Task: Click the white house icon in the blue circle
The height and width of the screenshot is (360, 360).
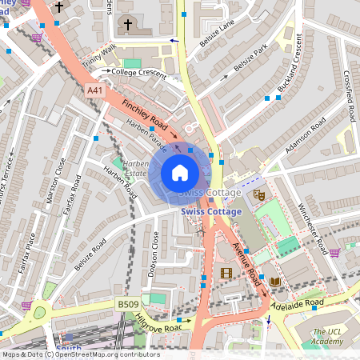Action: pyautogui.click(x=180, y=173)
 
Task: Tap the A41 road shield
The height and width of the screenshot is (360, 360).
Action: pyautogui.click(x=95, y=91)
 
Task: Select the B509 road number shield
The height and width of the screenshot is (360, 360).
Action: pyautogui.click(x=128, y=304)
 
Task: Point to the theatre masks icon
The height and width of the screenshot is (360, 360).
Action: pyautogui.click(x=258, y=194)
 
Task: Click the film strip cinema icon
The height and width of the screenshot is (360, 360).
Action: pyautogui.click(x=226, y=274)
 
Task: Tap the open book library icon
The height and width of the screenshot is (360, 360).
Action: pyautogui.click(x=275, y=282)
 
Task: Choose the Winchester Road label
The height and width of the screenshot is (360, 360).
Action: pyautogui.click(x=323, y=224)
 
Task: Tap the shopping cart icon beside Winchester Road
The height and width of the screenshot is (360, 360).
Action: pyautogui.click(x=334, y=253)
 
